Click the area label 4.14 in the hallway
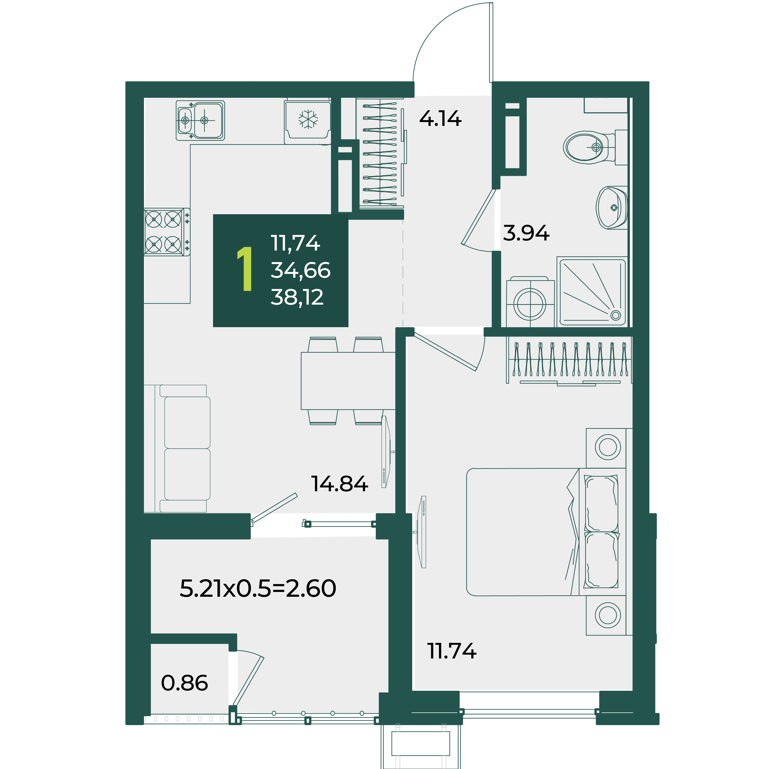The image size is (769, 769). pos(440,119)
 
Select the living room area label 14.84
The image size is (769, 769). pos(339,484)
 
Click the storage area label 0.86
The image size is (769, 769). pos(184,683)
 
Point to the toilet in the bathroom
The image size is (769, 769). pos(589,147)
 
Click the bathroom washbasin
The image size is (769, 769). pos(611,207)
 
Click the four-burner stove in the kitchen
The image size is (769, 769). pos(167,232)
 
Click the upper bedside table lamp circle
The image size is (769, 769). pos(608,447)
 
